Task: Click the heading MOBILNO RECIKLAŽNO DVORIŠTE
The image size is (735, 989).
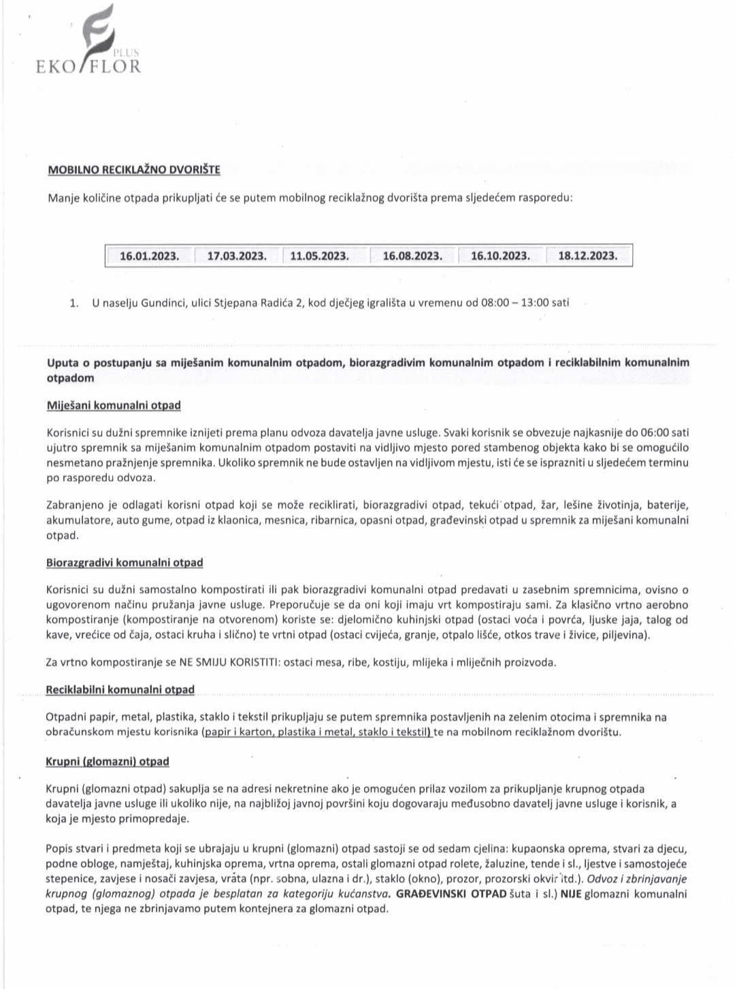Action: click(133, 169)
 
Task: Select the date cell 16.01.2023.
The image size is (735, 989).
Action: click(150, 256)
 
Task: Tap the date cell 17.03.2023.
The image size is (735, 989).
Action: click(237, 256)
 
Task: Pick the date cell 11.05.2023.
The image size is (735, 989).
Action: click(319, 256)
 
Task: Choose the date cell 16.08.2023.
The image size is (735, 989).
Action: click(412, 256)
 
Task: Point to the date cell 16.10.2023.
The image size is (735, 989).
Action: click(500, 256)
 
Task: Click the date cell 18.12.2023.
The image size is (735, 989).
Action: click(588, 256)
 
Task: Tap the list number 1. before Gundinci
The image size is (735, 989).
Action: click(74, 302)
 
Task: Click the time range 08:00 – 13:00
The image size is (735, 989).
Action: click(514, 302)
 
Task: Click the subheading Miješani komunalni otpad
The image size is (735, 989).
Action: click(114, 405)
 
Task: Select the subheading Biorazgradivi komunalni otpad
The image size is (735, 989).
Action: click(125, 563)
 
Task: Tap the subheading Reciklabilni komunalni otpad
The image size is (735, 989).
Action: click(120, 689)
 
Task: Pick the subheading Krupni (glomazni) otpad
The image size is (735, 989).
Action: click(108, 762)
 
